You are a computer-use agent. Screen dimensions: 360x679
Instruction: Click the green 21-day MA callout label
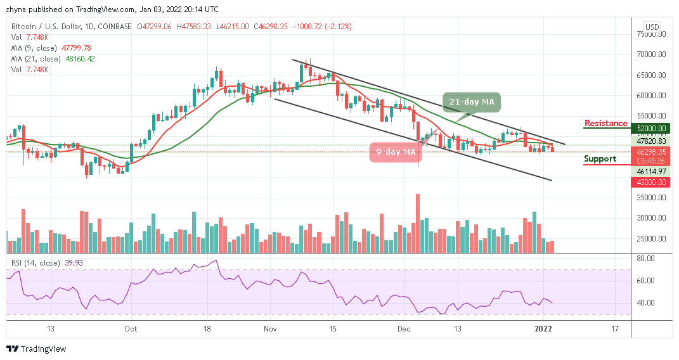pyautogui.click(x=472, y=101)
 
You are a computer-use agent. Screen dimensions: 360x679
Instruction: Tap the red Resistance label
pyautogui.click(x=605, y=124)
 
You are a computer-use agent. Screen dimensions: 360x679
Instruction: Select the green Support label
pyautogui.click(x=600, y=158)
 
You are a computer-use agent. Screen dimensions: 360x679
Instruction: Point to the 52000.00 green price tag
pyautogui.click(x=652, y=128)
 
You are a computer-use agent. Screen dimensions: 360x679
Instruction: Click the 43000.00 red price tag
pyautogui.click(x=652, y=182)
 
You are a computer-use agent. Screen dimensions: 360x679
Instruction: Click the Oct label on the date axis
pyautogui.click(x=131, y=329)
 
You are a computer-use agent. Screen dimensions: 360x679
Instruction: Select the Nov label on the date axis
pyautogui.click(x=271, y=329)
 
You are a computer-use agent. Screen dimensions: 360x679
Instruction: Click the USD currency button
pyautogui.click(x=651, y=27)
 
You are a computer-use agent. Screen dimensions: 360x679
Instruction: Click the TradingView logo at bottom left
pyautogui.click(x=36, y=349)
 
